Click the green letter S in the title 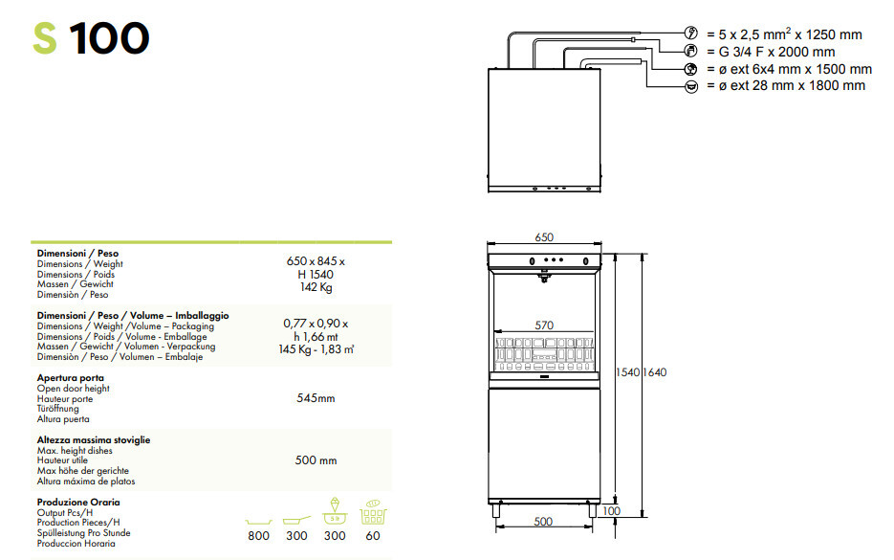point(45,38)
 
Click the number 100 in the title point(109,38)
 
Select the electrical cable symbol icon point(691,34)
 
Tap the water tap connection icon point(691,51)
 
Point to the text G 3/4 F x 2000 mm point(776,52)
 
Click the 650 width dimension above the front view point(544,236)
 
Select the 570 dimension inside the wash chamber point(544,325)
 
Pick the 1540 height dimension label point(628,372)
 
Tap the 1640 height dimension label point(655,372)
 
